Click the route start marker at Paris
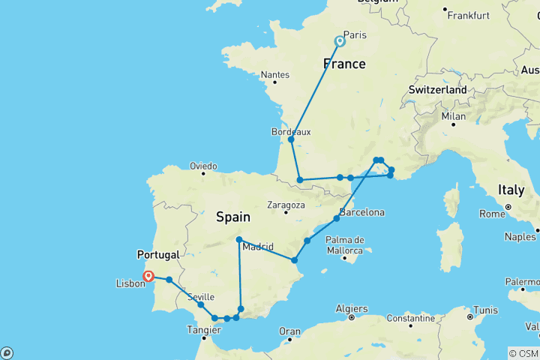pyautogui.click(x=340, y=41)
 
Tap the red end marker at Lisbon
pyautogui.click(x=148, y=276)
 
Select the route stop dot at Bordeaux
pyautogui.click(x=291, y=139)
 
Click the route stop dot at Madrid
pyautogui.click(x=238, y=240)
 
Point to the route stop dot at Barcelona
pyautogui.click(x=337, y=218)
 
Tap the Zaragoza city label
pyautogui.click(x=286, y=205)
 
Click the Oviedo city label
pyautogui.click(x=203, y=166)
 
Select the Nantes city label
pyautogui.click(x=275, y=75)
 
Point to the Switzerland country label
pyautogui.click(x=438, y=90)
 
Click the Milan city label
pyautogui.click(x=454, y=116)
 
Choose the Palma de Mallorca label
pyautogui.click(x=346, y=245)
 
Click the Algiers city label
pyautogui.click(x=351, y=308)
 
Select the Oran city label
pyautogui.click(x=289, y=331)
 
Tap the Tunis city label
pyautogui.click(x=486, y=310)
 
